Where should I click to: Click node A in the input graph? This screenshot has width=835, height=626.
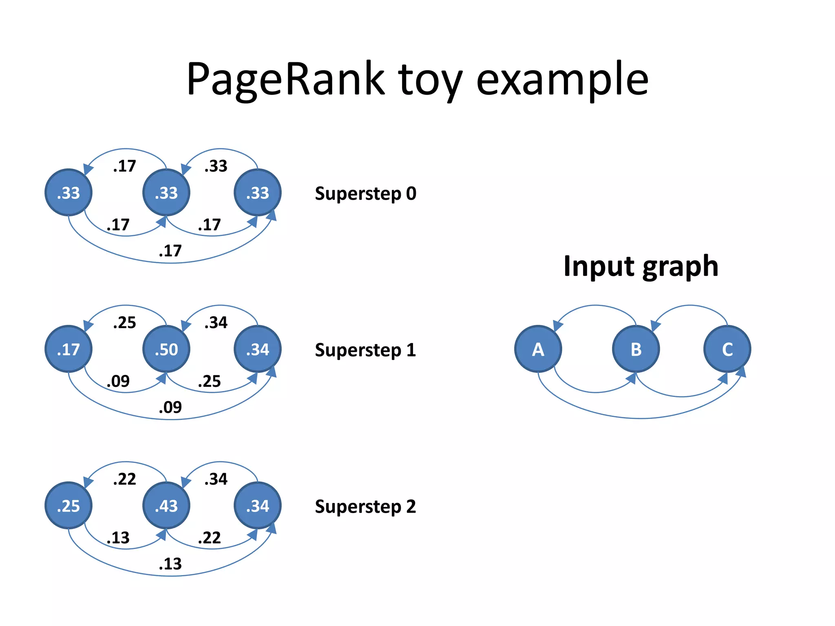point(538,349)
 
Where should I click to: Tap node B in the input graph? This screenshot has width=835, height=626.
point(636,349)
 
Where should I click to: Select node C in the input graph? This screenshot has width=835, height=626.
point(727,349)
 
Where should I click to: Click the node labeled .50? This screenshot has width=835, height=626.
point(166,349)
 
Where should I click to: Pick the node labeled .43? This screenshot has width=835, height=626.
point(166,506)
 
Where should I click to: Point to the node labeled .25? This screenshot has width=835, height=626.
point(68,506)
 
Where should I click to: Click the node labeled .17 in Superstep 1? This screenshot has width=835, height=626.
point(68,349)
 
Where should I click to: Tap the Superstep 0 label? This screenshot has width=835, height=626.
point(365,194)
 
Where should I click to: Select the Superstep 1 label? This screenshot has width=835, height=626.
point(365,350)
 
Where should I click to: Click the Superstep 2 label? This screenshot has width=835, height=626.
point(365,507)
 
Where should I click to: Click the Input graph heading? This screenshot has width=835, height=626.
point(641,266)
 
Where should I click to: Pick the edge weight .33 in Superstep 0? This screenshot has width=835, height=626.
point(216,166)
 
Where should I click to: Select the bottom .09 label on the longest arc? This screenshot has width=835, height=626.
point(170,407)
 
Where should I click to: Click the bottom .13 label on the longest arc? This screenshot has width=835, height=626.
point(170,564)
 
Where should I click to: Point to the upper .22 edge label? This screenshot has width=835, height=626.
point(124,479)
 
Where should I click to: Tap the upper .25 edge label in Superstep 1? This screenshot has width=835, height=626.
point(124,322)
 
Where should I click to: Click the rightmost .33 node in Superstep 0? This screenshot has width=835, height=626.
point(258,193)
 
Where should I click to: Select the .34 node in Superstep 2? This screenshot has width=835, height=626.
point(258,506)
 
